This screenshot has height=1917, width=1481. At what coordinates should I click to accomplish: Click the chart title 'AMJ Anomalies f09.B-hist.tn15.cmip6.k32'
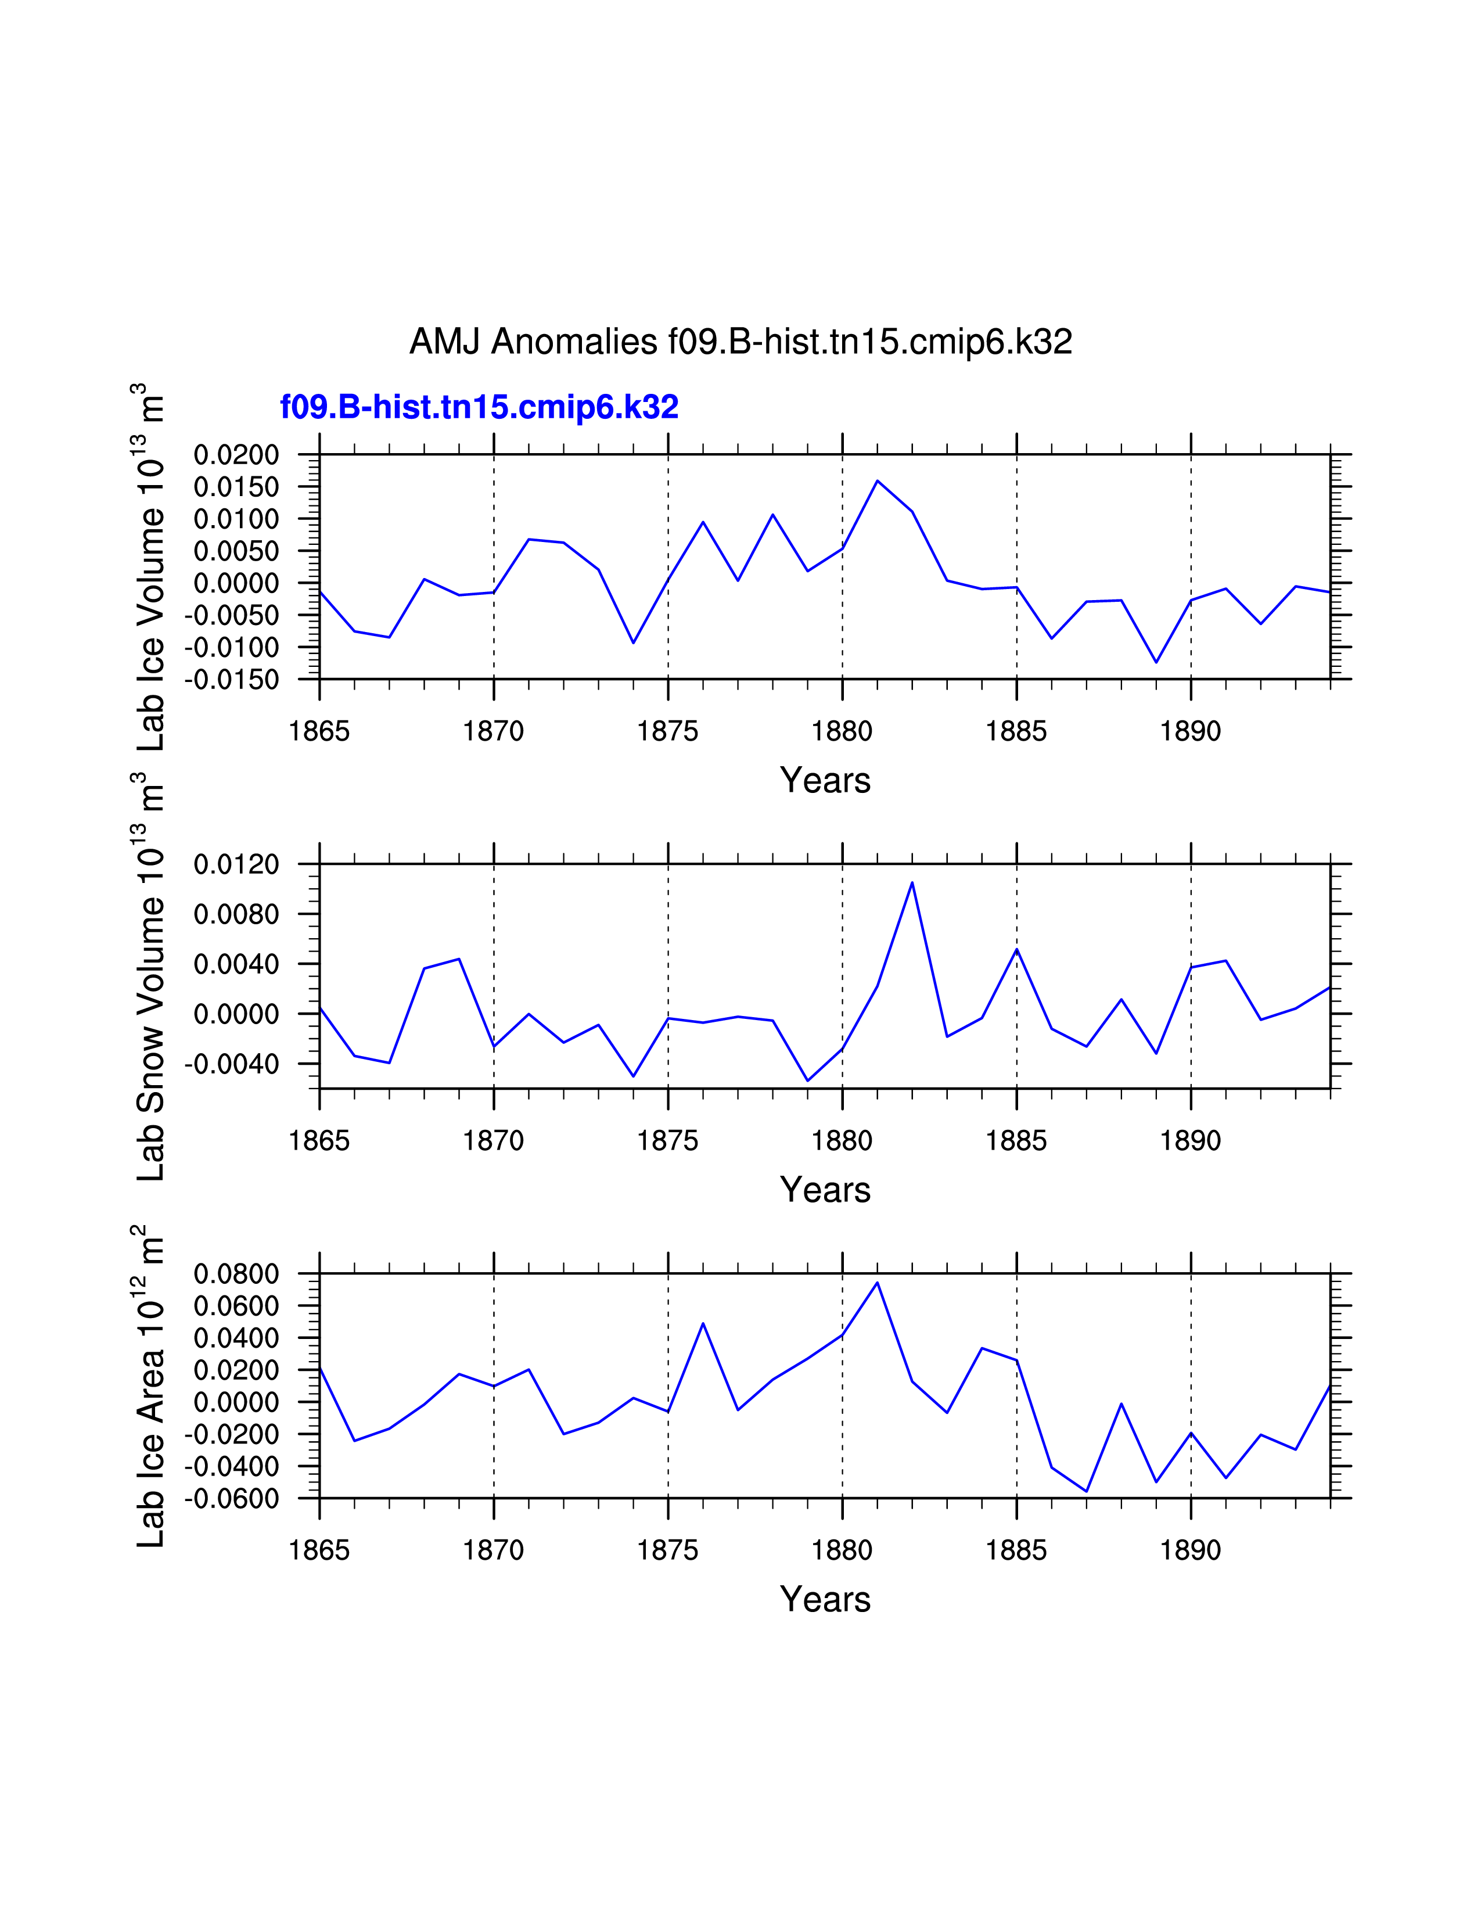coord(740,342)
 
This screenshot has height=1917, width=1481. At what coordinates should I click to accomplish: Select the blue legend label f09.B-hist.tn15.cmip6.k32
coord(479,407)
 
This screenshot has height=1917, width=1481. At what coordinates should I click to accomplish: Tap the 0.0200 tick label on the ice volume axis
coord(236,455)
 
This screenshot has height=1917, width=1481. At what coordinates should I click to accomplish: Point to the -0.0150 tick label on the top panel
coord(232,680)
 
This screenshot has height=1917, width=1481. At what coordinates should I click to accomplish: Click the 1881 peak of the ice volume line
coord(878,481)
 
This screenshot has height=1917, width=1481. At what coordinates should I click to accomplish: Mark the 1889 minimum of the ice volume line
coord(1156,662)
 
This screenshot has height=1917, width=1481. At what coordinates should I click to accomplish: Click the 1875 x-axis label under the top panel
coord(668,731)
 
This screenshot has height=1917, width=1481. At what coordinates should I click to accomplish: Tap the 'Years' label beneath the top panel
coord(825,780)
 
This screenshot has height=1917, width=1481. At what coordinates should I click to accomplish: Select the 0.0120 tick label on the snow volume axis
coord(236,864)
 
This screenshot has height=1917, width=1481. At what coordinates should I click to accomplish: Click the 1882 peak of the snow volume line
coord(912,882)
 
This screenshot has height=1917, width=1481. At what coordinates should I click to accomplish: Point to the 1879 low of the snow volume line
coord(807,1080)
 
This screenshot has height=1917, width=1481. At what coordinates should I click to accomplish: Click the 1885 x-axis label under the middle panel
coord(1016,1140)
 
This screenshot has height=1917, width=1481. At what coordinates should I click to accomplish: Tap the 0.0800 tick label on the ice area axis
coord(236,1273)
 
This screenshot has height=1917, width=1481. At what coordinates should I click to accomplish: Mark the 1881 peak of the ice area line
coord(878,1283)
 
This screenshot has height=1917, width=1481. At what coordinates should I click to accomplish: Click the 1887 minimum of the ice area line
coord(1086,1491)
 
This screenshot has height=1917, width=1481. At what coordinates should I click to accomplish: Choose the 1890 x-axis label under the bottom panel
coord(1191,1550)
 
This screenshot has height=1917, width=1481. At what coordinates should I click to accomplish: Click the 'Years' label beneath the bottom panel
coord(825,1599)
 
